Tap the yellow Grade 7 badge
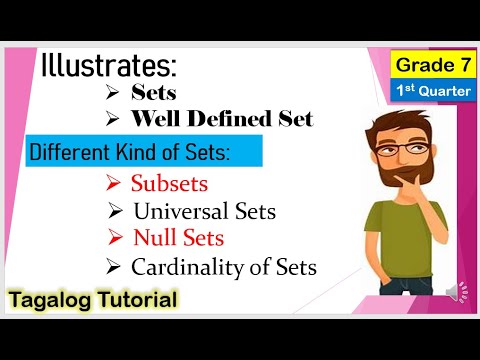432,65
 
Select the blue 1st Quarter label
432,91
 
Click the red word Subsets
169,184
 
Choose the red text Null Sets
178,239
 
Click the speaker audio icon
454,292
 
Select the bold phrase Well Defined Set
222,119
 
